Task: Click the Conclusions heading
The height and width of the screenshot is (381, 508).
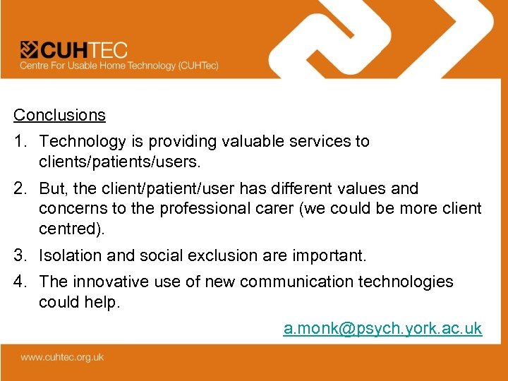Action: tap(60, 115)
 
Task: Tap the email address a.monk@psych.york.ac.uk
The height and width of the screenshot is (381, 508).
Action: tap(382, 328)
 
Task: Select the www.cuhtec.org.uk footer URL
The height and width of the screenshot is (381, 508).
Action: tap(62, 357)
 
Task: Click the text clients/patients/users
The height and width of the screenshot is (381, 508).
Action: tap(120, 162)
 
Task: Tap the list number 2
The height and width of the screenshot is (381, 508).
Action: tap(20, 188)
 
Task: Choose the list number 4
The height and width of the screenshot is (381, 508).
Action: tap(20, 282)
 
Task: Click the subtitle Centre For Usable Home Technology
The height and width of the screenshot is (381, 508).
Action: tap(119, 66)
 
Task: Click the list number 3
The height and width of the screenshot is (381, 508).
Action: tap(20, 255)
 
